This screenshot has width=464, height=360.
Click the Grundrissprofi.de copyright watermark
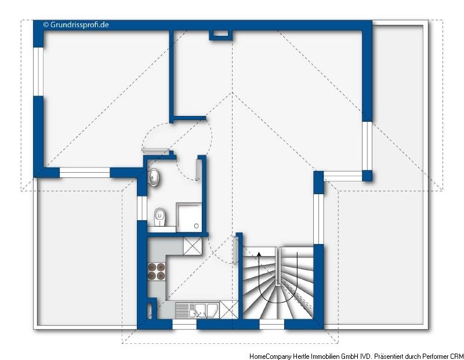click(76, 24)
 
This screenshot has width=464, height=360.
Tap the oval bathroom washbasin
click(154, 177)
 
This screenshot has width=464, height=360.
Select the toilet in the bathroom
click(160, 217)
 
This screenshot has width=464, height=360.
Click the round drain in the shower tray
click(196, 226)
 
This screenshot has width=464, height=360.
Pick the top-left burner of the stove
click(152, 268)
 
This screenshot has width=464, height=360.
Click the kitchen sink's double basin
click(204, 310)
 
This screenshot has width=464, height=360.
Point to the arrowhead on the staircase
click(259, 253)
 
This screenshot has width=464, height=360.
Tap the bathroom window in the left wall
click(142, 208)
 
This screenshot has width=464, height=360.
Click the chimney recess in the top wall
click(221, 35)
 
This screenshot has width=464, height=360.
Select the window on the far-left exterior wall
click(38, 71)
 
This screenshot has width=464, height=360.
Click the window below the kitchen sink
click(184, 325)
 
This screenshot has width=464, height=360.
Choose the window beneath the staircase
click(271, 324)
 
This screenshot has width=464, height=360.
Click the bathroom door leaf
click(197, 169)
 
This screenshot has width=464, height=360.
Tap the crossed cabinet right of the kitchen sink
click(229, 310)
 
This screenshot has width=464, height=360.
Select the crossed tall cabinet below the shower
click(193, 246)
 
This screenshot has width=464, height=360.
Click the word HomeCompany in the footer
click(270, 356)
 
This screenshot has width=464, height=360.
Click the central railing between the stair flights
click(278, 266)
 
